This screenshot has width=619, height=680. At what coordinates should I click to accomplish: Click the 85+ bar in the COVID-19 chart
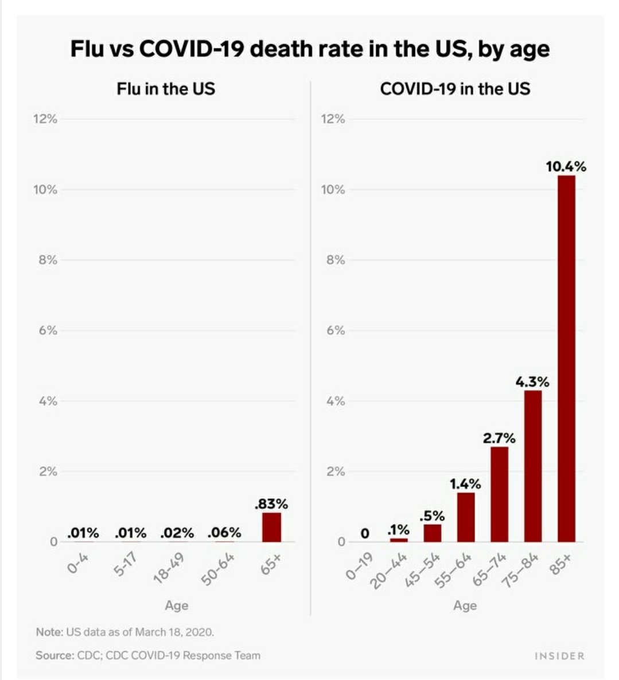pos(566,359)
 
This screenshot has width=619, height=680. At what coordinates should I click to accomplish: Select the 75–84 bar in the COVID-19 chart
pos(533,466)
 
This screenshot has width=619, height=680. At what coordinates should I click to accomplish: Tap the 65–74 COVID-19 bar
pos(499,494)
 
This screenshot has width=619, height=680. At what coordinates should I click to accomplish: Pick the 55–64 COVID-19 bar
pos(466,517)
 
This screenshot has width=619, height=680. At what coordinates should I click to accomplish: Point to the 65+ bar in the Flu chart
pos(271,527)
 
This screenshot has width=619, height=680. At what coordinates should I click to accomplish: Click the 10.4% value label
pos(566,167)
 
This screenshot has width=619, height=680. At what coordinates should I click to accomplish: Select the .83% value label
pos(271,504)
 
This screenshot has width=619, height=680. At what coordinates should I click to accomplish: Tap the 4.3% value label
pos(532,382)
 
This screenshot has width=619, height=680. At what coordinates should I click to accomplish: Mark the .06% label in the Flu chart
pos(224,533)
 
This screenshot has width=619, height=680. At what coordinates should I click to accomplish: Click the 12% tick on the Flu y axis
pos(45,119)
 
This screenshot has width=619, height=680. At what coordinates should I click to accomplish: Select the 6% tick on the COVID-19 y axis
pos(333,331)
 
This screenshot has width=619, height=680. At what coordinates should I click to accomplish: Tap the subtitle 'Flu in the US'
pos(166,89)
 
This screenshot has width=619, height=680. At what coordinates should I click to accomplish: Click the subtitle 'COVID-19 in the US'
pos(455,89)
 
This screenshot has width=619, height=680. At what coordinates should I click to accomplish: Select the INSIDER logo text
pos(559,656)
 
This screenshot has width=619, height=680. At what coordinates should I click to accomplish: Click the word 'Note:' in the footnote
pos(49,632)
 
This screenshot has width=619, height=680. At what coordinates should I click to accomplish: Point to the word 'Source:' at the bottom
pos(54,655)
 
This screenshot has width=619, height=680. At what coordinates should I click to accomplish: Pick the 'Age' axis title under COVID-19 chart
pos(465,606)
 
